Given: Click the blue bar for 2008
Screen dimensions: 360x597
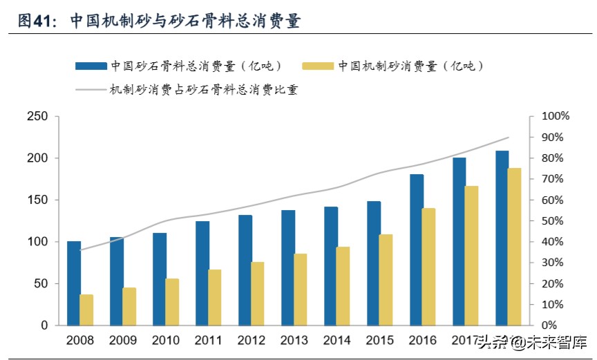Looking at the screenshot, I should (x=74, y=283).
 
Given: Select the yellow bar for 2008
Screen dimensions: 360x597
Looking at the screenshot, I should (x=86, y=310).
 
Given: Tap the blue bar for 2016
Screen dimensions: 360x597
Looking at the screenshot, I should (x=417, y=249).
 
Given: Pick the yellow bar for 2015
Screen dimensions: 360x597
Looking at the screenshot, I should (x=386, y=280).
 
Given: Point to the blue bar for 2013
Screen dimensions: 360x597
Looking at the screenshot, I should (x=288, y=267).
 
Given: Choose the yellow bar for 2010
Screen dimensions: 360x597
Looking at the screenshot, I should (x=172, y=302).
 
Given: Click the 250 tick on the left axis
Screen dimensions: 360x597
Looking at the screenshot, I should (x=37, y=117).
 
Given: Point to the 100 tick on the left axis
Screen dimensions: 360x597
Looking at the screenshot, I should (x=37, y=242).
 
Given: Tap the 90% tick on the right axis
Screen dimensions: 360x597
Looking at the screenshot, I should (x=557, y=138).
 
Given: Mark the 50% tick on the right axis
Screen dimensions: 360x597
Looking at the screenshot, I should (x=557, y=221).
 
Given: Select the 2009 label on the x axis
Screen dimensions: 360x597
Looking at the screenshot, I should (x=123, y=341).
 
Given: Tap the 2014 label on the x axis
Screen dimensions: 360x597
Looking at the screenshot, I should (x=337, y=341).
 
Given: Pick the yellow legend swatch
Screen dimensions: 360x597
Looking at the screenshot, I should (x=318, y=66).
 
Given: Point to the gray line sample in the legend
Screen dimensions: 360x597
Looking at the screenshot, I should (x=91, y=89).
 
